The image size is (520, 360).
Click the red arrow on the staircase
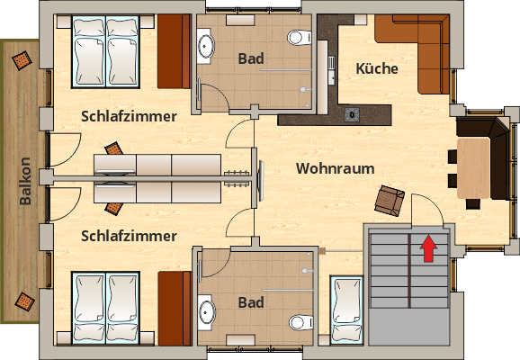[x=428, y=247]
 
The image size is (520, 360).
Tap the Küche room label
[x=377, y=68]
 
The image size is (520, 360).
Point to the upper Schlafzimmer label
[x=129, y=116]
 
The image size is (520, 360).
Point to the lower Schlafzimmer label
[x=129, y=236]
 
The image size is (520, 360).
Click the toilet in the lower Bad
[x=297, y=321]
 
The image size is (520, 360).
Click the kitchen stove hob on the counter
[x=351, y=114]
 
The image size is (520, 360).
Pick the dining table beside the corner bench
[x=474, y=168]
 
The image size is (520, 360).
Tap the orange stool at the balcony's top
[x=20, y=61]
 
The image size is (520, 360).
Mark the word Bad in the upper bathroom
[x=251, y=58]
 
